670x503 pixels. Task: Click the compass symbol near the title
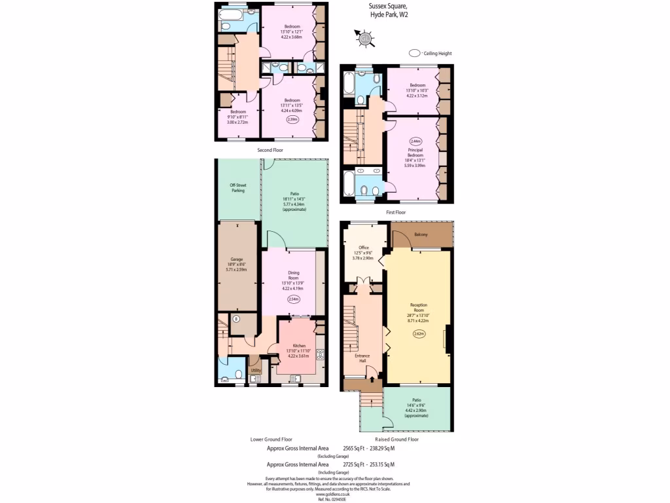(364, 39)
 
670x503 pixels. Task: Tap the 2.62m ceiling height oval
(419, 334)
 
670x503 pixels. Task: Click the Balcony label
(421, 234)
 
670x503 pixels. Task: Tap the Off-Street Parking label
(238, 188)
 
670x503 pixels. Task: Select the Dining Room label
(293, 275)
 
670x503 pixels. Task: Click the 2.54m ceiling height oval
(294, 299)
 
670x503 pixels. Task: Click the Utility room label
(255, 371)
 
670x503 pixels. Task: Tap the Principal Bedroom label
(416, 154)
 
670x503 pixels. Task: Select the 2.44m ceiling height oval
(416, 141)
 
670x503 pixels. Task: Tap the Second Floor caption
(270, 150)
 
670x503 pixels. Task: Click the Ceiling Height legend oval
(414, 53)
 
